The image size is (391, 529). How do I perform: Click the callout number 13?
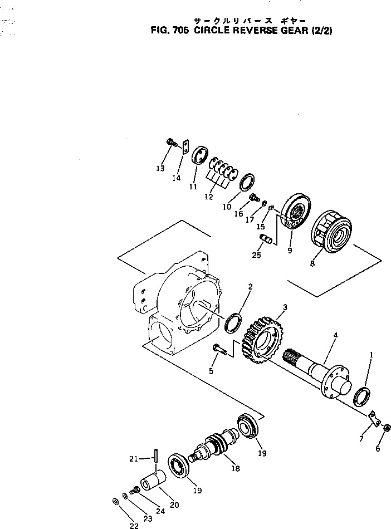point(160,168)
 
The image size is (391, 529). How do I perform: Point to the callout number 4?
point(335,336)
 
